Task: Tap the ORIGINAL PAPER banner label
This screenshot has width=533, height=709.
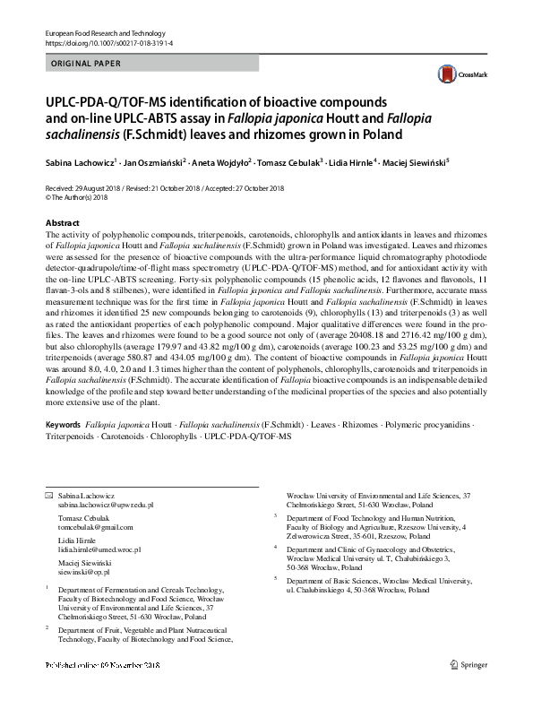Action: click(x=82, y=64)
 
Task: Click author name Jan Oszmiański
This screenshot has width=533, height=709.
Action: click(x=151, y=163)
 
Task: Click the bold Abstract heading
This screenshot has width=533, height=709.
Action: click(x=62, y=222)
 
